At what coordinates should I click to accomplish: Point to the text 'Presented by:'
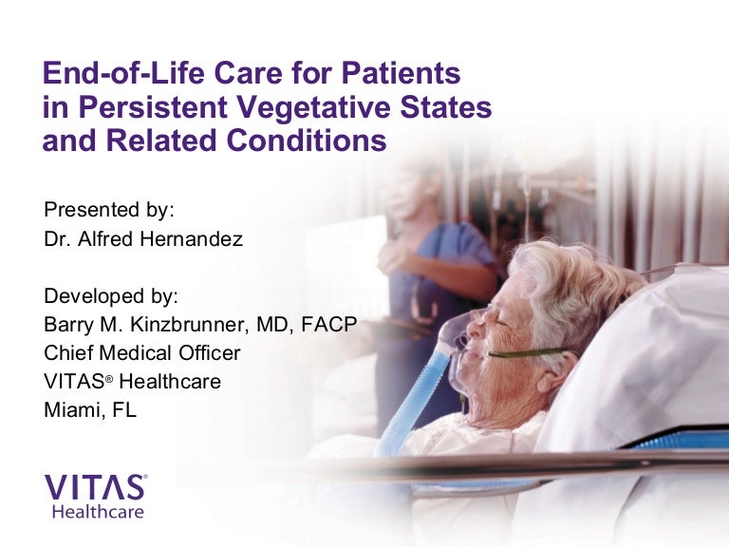click(x=109, y=210)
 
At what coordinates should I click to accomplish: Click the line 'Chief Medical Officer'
click(x=142, y=353)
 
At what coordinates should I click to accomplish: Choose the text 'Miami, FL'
click(x=90, y=411)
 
